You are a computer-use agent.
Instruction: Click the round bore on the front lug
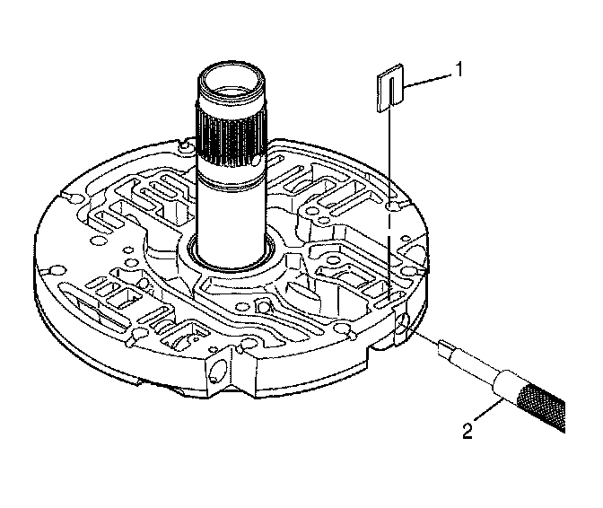pyautogui.click(x=216, y=369)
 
